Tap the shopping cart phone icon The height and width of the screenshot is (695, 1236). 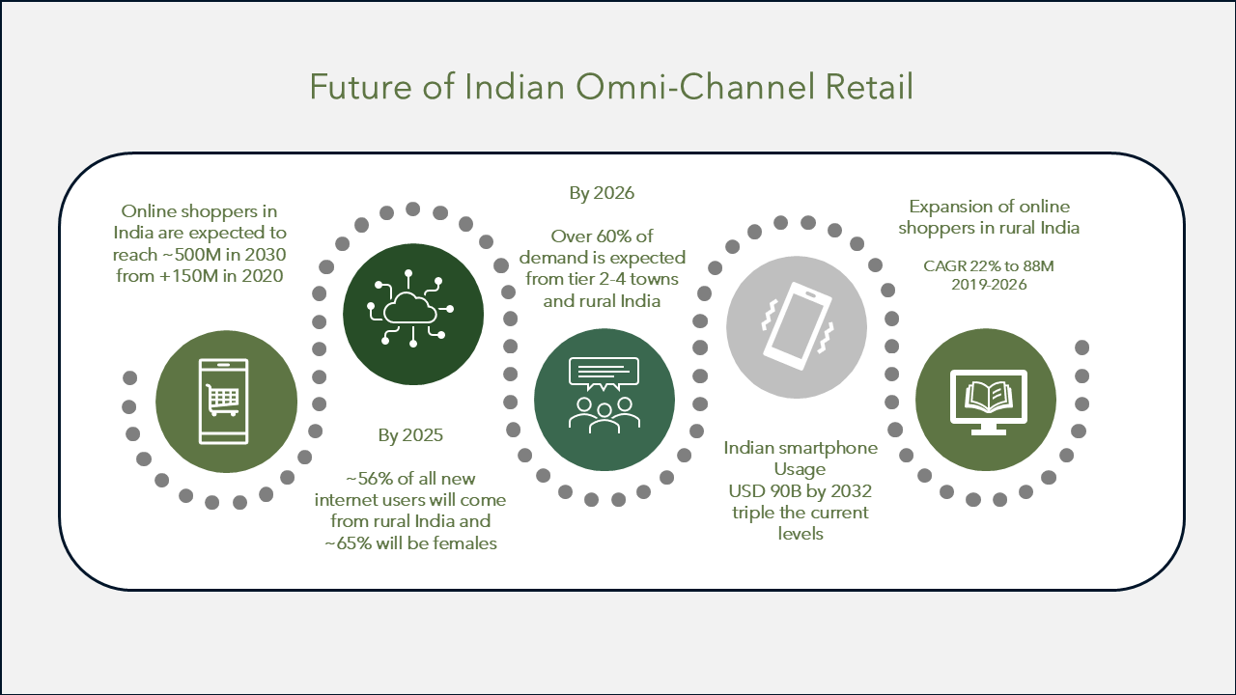(x=223, y=401)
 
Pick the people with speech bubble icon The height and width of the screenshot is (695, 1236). (x=604, y=395)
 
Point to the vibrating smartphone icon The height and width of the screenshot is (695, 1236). (x=798, y=326)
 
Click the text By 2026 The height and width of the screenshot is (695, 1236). (x=602, y=194)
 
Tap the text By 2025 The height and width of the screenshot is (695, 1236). (x=410, y=435)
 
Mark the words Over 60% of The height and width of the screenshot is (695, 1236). (x=602, y=236)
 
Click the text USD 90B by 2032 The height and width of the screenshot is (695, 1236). (x=801, y=491)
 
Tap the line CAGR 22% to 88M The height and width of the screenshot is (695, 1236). (x=988, y=266)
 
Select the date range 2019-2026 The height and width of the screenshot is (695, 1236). (x=989, y=285)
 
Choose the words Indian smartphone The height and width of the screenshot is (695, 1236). (x=801, y=449)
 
